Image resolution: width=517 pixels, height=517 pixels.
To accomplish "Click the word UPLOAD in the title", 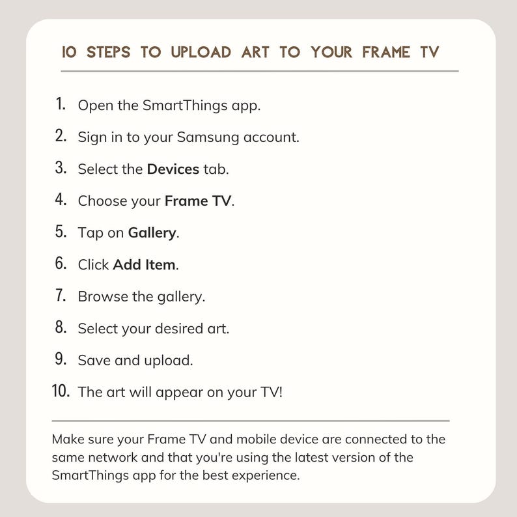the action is point(201,52).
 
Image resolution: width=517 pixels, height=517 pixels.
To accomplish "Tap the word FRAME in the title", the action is point(386,52).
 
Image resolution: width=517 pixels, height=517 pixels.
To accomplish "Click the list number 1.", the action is point(61,104).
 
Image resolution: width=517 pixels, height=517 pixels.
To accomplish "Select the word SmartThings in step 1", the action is point(185,105).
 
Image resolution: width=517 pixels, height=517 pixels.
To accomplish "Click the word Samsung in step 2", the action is point(208,137).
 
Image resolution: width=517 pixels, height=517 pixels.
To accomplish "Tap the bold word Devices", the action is point(173,169).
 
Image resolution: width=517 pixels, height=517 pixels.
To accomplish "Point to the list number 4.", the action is point(61,199).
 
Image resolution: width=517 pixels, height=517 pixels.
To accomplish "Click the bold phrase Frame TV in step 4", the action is point(198,201).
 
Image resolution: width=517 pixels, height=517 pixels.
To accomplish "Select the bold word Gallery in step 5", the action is point(152,233).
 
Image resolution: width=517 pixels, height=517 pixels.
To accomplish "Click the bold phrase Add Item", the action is point(144,265).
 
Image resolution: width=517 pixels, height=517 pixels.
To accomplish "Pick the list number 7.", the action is point(61,295).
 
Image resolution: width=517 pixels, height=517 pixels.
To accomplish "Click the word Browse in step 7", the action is point(103,296).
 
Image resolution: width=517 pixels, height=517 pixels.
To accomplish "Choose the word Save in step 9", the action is point(94,360).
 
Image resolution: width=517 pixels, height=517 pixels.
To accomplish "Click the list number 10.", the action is point(61,391).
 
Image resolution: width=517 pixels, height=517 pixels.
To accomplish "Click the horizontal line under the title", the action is point(260,71).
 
